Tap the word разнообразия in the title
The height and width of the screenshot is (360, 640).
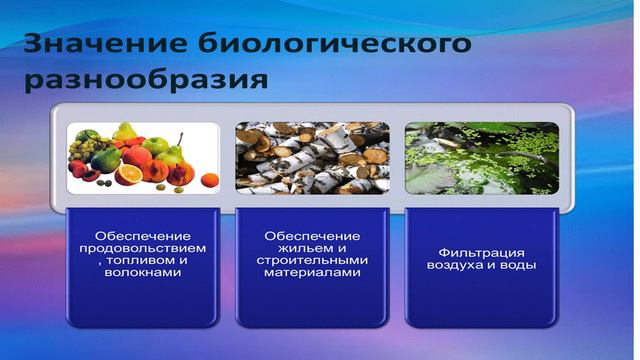(x=145, y=79)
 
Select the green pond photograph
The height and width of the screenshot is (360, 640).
(x=479, y=157)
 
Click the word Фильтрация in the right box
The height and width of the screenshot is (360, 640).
(x=480, y=254)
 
